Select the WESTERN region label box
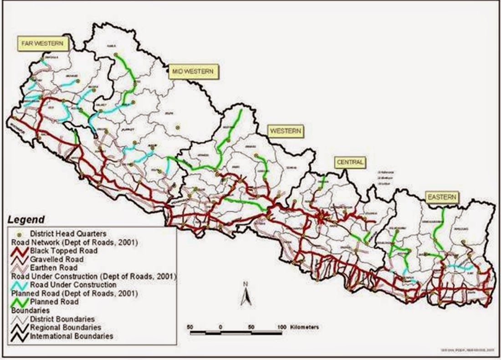(x=286, y=131)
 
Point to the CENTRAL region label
(x=350, y=162)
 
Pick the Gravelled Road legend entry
(x=58, y=259)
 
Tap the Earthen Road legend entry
(x=54, y=267)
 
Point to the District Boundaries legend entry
(x=62, y=319)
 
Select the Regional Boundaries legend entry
(x=65, y=327)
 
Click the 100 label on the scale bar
(x=281, y=327)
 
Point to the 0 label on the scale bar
(x=220, y=327)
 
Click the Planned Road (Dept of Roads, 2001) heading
(x=58, y=293)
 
